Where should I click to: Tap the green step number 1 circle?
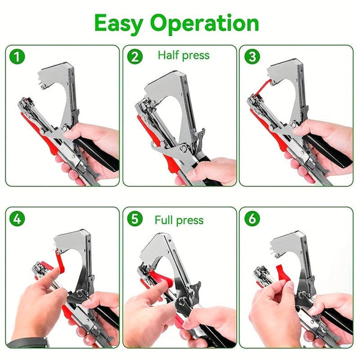point(18,57)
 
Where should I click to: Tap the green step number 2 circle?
point(135,57)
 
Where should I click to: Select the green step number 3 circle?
point(251,57)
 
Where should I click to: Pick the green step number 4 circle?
point(18,220)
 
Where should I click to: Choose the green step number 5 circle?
point(135,220)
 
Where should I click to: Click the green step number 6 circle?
point(251,220)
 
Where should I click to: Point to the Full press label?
point(179,220)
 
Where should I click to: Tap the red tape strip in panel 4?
point(60,259)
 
